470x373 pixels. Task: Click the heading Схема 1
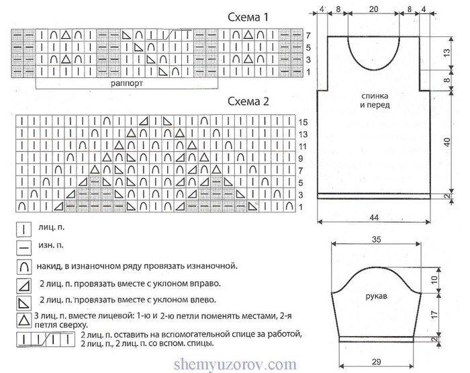click(248, 17)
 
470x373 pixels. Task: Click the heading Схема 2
click(248, 101)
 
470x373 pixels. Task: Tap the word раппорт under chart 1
click(127, 83)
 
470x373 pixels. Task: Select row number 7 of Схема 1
click(308, 36)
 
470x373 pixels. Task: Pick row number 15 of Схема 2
click(303, 122)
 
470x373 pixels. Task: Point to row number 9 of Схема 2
click(301, 159)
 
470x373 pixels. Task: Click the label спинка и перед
click(375, 101)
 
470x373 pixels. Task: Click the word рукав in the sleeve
click(376, 296)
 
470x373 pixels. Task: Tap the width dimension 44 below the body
click(374, 217)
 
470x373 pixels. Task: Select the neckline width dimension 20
click(373, 9)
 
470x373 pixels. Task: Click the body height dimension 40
click(447, 142)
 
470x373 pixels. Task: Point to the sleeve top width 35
click(376, 239)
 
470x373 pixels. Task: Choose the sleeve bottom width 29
click(376, 362)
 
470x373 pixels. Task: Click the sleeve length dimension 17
click(434, 314)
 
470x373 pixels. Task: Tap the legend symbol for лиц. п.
click(24, 230)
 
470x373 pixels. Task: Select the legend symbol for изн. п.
click(24, 247)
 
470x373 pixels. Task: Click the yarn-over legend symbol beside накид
click(24, 267)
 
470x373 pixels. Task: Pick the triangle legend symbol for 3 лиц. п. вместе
click(24, 320)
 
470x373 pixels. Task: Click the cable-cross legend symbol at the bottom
click(46, 339)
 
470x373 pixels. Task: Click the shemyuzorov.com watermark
click(235, 364)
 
